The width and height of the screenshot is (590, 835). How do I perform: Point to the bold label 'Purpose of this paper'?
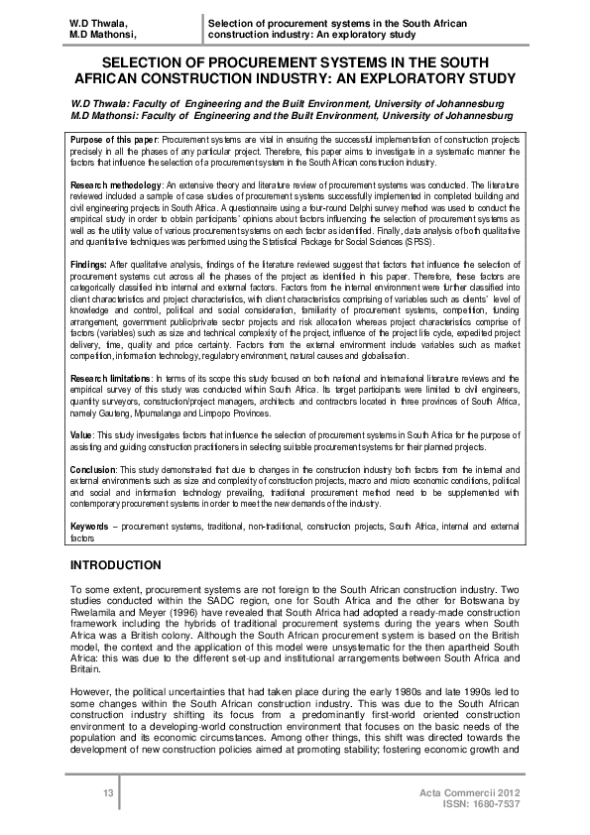pyautogui.click(x=115, y=142)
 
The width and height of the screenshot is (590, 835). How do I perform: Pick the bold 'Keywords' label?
pyautogui.click(x=90, y=526)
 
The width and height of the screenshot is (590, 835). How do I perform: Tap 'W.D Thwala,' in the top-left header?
pyautogui.click(x=94, y=22)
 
